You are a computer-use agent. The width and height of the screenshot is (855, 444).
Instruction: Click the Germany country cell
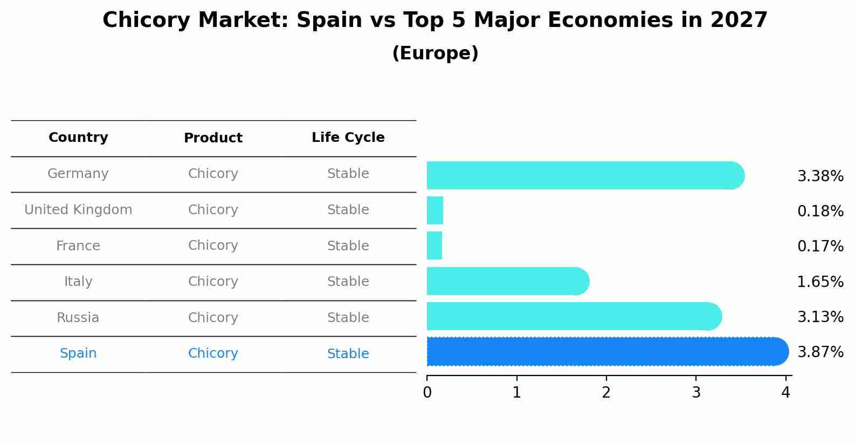click(x=78, y=174)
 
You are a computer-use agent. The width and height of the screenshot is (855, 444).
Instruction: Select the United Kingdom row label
click(x=78, y=210)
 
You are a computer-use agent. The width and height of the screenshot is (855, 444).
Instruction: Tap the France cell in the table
click(x=78, y=246)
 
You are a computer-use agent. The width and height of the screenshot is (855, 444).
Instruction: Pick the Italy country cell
click(x=78, y=282)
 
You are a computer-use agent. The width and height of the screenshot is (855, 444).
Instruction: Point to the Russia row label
click(x=78, y=318)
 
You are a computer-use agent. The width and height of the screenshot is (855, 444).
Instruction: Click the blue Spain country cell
click(x=78, y=353)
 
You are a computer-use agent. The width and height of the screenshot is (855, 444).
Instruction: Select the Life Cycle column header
click(x=348, y=138)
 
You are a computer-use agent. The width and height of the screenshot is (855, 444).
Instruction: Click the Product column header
click(x=213, y=138)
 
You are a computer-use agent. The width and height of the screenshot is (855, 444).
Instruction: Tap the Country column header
click(x=78, y=138)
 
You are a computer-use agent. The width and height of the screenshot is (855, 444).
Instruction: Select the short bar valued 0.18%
click(x=435, y=210)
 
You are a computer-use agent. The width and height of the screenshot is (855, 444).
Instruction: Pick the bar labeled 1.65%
click(x=507, y=281)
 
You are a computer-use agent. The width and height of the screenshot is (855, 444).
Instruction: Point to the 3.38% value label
click(x=820, y=176)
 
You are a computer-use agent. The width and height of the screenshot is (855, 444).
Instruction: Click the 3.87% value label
click(x=820, y=352)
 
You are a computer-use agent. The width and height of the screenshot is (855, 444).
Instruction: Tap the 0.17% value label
click(x=820, y=247)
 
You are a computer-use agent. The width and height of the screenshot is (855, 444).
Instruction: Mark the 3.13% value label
click(x=820, y=317)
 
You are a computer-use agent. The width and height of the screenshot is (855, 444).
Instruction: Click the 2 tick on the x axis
click(x=606, y=393)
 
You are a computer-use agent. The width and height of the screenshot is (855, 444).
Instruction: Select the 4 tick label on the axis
click(x=785, y=393)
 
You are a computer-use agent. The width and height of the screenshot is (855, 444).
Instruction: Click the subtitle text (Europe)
click(x=435, y=53)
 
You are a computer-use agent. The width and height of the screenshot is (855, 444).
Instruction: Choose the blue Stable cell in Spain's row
click(x=348, y=354)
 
